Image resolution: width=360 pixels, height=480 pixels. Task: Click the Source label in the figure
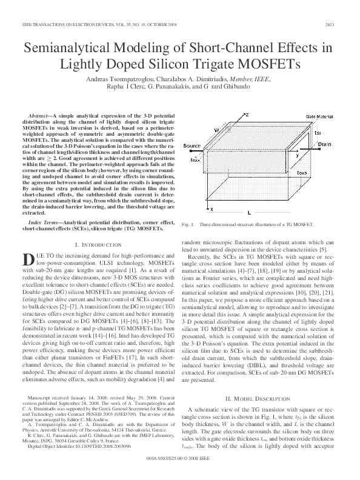click(192, 147)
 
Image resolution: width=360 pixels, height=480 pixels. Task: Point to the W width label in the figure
click(216, 130)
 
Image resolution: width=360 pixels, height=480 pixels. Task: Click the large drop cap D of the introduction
click(28, 259)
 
